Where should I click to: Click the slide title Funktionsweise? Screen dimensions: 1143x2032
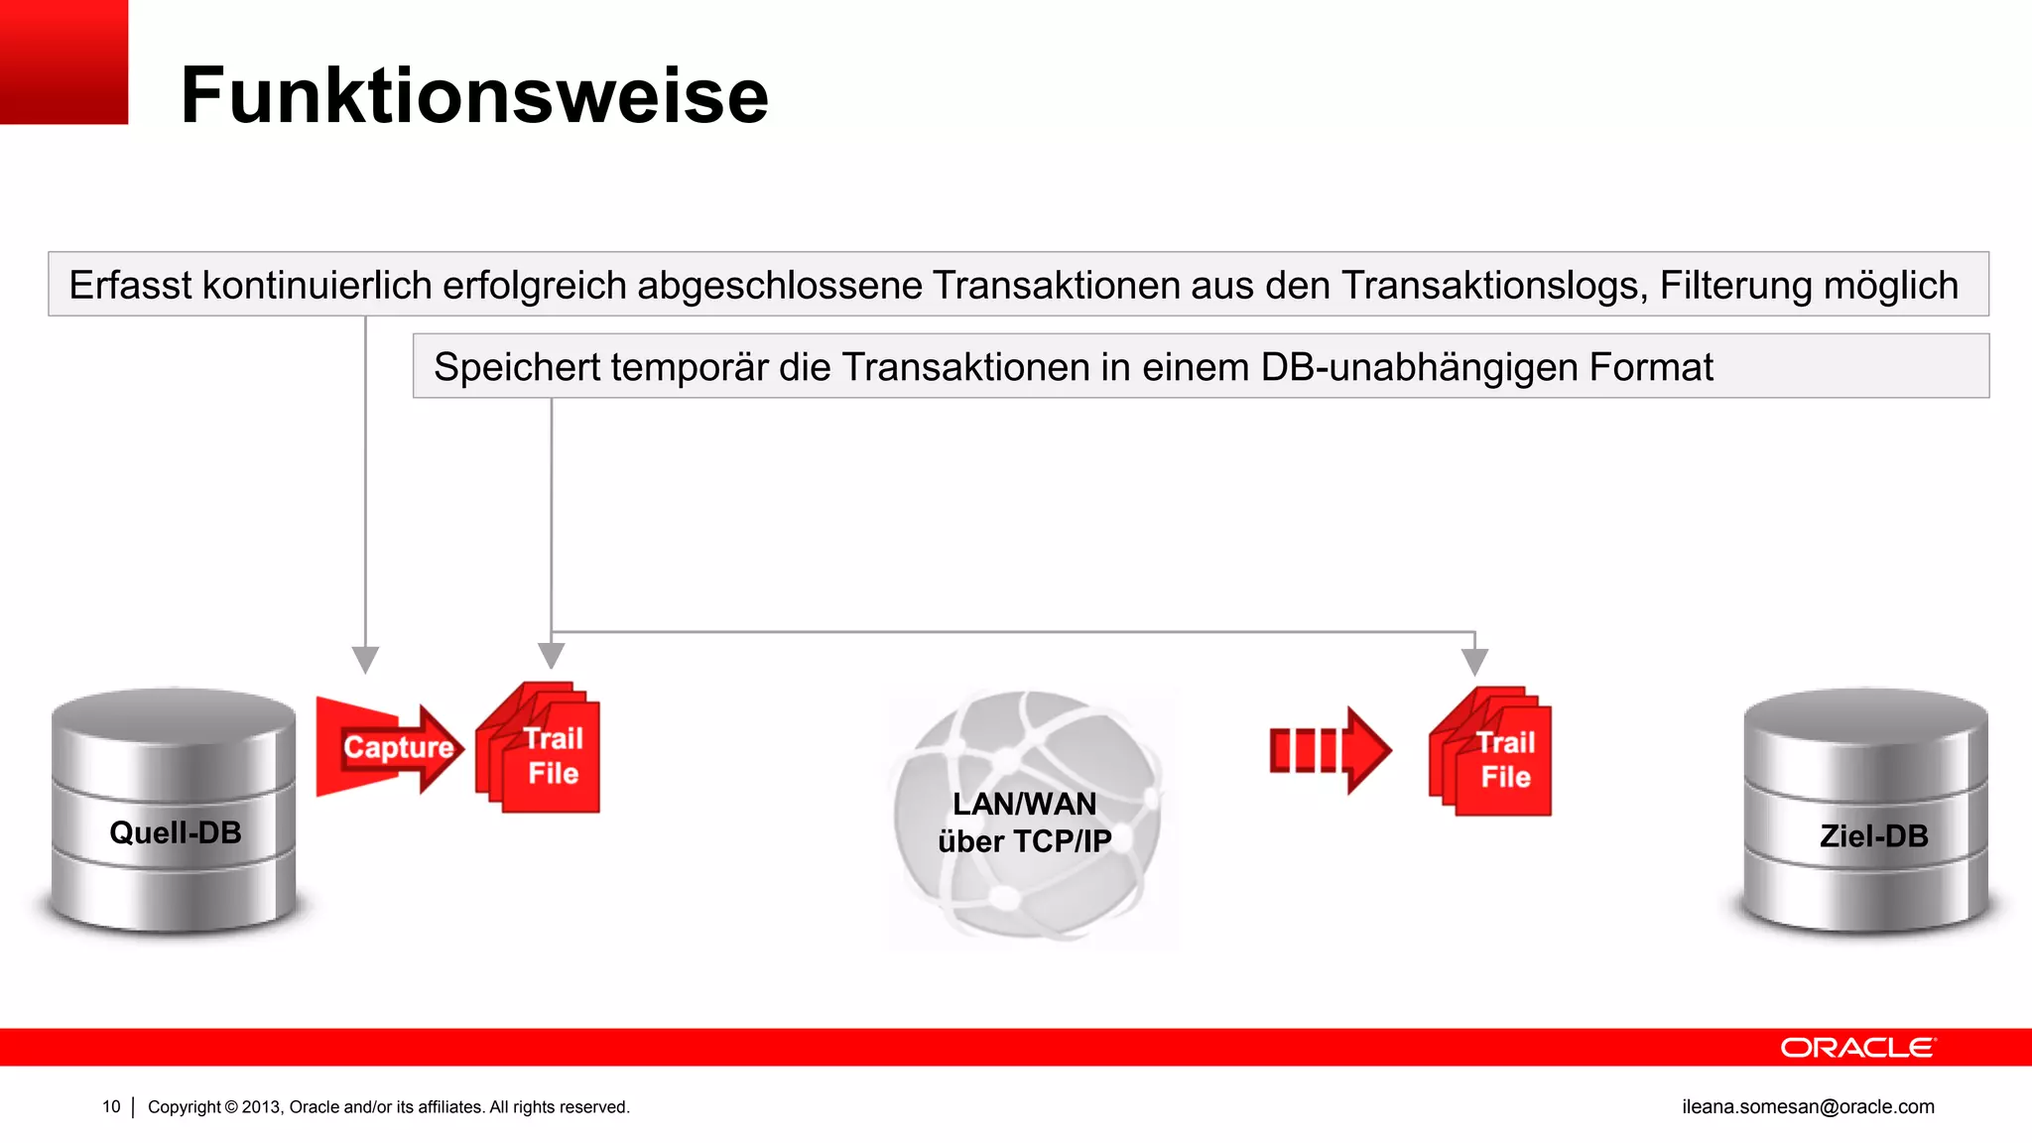click(x=474, y=95)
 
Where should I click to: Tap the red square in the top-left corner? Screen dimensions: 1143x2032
click(x=63, y=62)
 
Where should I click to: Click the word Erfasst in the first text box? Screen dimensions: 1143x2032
click(x=129, y=286)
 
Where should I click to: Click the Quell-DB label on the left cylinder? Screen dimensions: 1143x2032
click(x=176, y=832)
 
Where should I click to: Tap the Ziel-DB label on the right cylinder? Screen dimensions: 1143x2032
click(x=1873, y=835)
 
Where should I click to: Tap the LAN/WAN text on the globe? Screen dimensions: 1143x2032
click(x=1024, y=804)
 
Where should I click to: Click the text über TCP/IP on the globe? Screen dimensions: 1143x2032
click(x=1024, y=841)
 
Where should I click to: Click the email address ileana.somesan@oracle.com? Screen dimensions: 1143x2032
click(x=1808, y=1106)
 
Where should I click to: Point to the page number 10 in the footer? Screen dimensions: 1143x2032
click(x=111, y=1106)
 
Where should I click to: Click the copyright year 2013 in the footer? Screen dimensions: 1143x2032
click(x=262, y=1106)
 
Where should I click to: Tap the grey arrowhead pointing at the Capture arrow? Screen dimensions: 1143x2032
click(x=365, y=660)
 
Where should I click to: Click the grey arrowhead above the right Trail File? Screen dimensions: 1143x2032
click(x=1475, y=662)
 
